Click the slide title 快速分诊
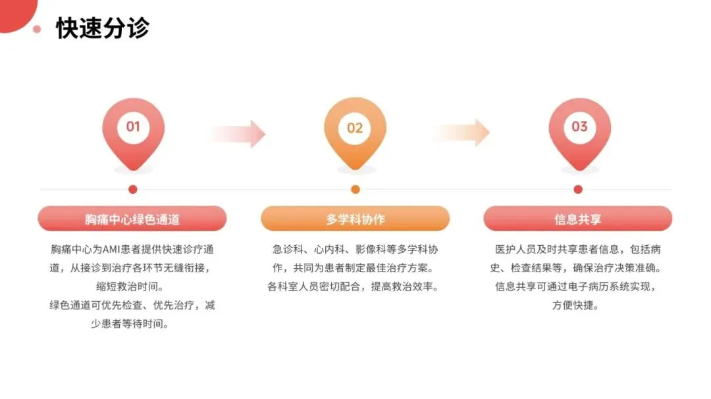point(103,28)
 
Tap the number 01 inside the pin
point(133,126)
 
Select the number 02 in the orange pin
point(355,128)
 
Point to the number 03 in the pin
point(579,126)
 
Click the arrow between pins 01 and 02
point(238,134)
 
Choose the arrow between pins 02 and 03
point(461,133)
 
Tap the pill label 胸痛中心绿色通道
point(132,219)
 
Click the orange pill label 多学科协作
point(355,219)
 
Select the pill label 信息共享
point(577,219)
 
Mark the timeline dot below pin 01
point(133,189)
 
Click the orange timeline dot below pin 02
point(355,189)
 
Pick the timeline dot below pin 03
point(578,189)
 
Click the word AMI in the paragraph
point(111,250)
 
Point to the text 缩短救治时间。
point(132,287)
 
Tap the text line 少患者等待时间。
point(132,323)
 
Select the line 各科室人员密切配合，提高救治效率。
point(355,287)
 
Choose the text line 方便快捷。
point(577,305)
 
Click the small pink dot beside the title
point(38,29)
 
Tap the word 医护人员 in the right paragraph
point(516,250)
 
